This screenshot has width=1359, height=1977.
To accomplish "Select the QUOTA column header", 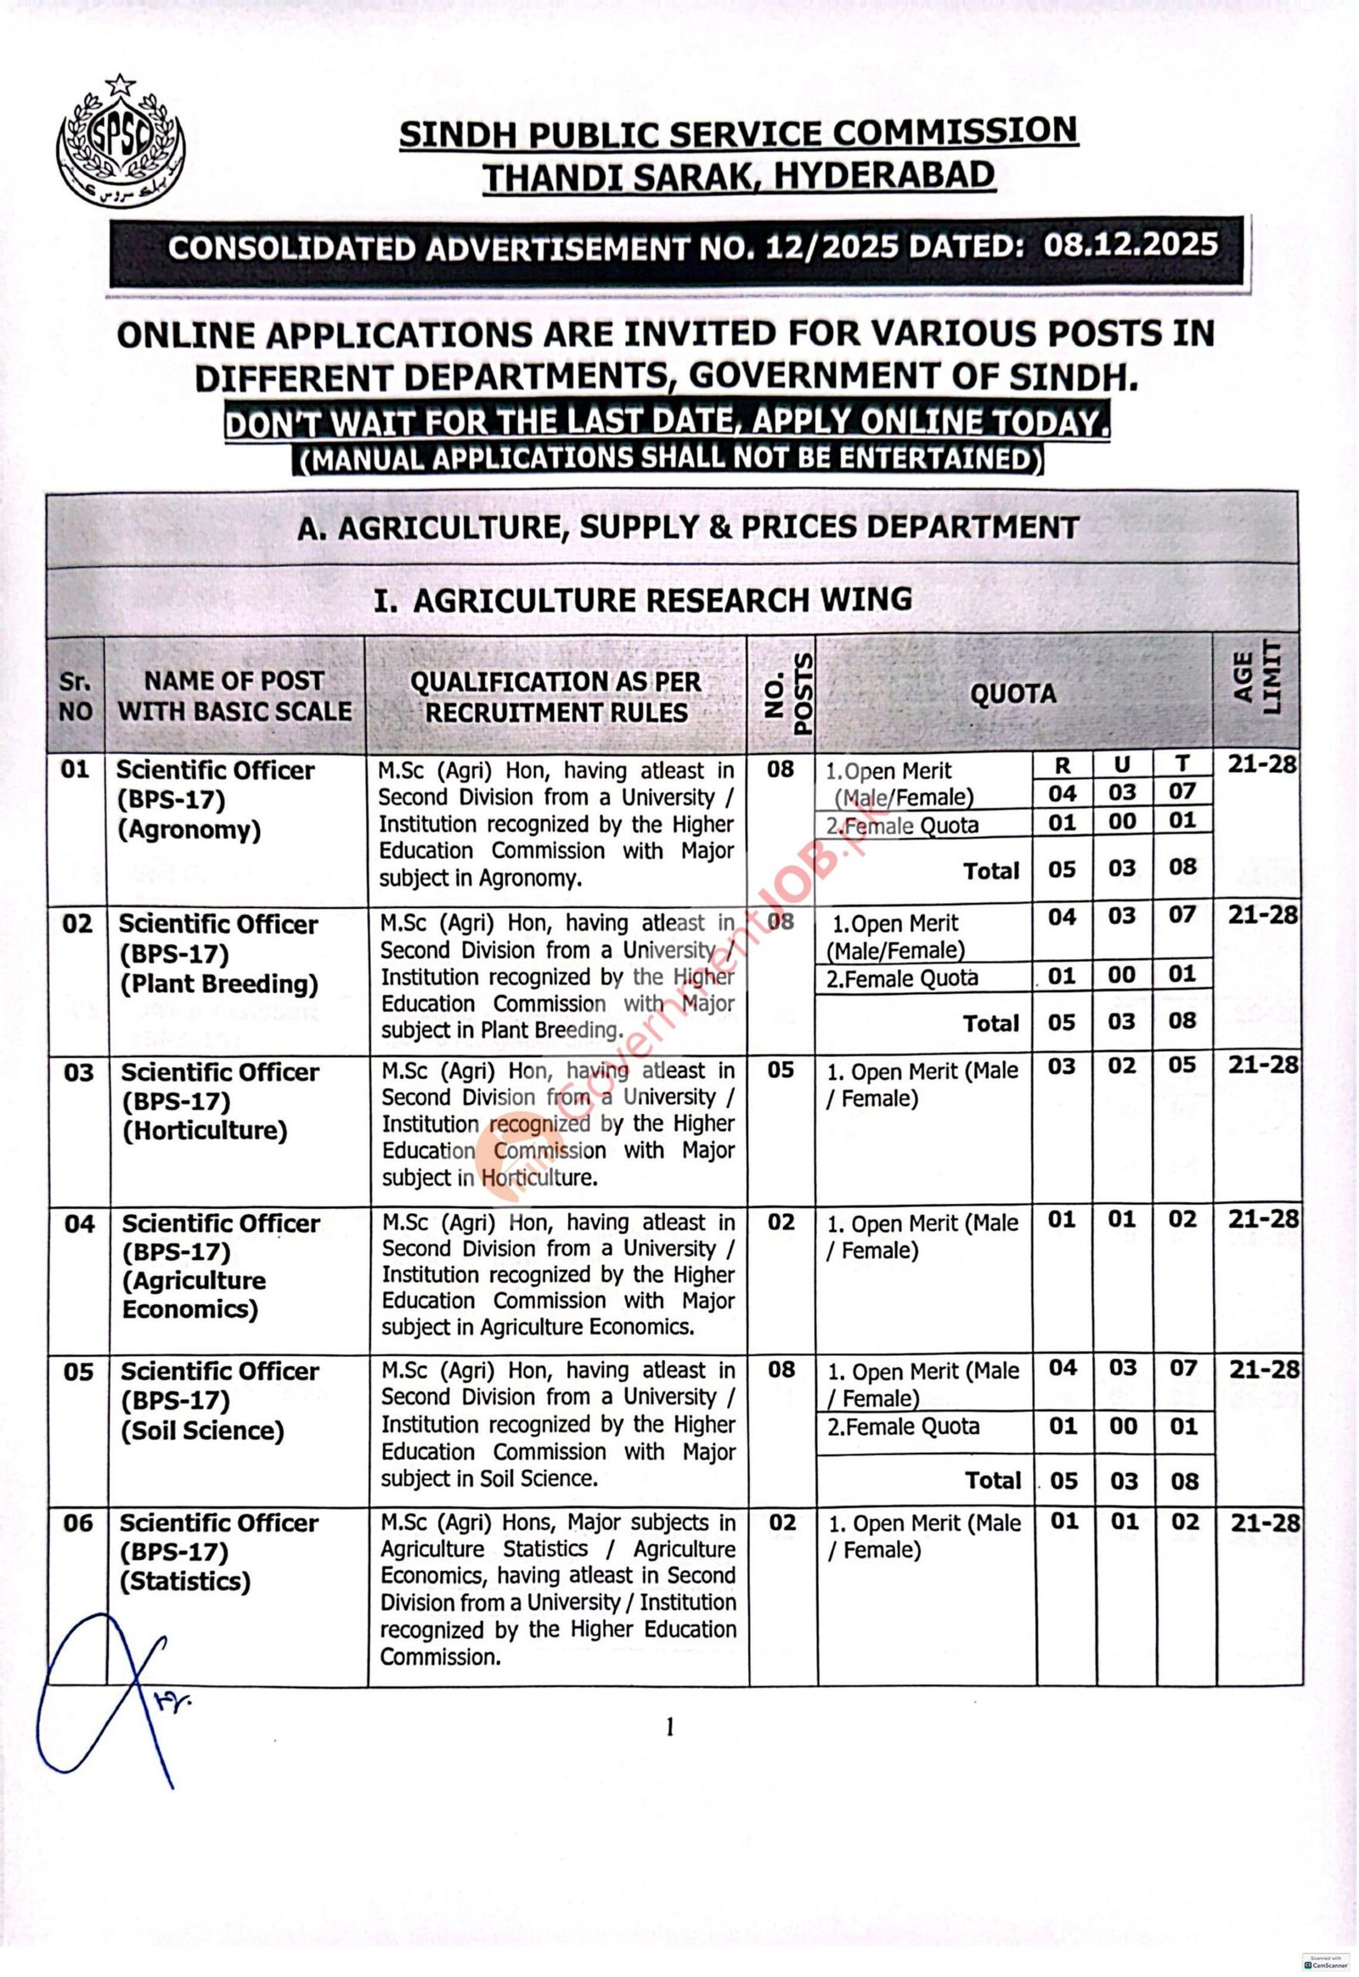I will [1012, 693].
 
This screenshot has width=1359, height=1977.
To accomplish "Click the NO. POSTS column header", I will [781, 693].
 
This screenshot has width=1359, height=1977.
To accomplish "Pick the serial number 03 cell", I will [78, 1071].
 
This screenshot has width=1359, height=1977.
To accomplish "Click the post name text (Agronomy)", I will [189, 831].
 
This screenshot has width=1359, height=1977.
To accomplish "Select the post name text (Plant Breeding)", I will [219, 984].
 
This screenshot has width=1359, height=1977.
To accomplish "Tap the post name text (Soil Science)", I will [202, 1430].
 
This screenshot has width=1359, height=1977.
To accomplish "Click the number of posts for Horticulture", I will [781, 1070].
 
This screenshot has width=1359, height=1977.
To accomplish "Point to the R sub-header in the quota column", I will [1063, 765].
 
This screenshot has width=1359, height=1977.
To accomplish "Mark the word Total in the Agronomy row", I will [991, 871].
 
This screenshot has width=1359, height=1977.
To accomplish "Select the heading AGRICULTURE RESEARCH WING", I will [643, 600].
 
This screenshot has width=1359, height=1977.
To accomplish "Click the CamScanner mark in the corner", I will [1324, 1959].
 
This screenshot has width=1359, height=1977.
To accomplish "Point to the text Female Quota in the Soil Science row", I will [904, 1426].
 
